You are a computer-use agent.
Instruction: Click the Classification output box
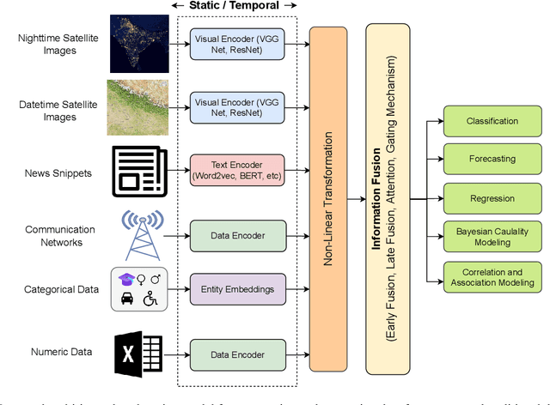[x=486, y=121]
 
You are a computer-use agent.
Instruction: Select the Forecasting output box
[x=486, y=159]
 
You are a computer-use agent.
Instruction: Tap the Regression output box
[x=486, y=198]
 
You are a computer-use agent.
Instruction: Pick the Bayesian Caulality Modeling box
[x=486, y=237]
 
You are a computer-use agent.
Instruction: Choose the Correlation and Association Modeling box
[x=486, y=276]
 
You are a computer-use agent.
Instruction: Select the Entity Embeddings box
[x=236, y=289]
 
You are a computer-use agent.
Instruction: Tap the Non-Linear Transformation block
[x=327, y=199]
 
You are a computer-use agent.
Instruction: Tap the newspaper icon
[x=138, y=169]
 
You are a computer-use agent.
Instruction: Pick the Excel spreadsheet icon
[x=137, y=352]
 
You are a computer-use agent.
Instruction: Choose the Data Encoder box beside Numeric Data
[x=236, y=353]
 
